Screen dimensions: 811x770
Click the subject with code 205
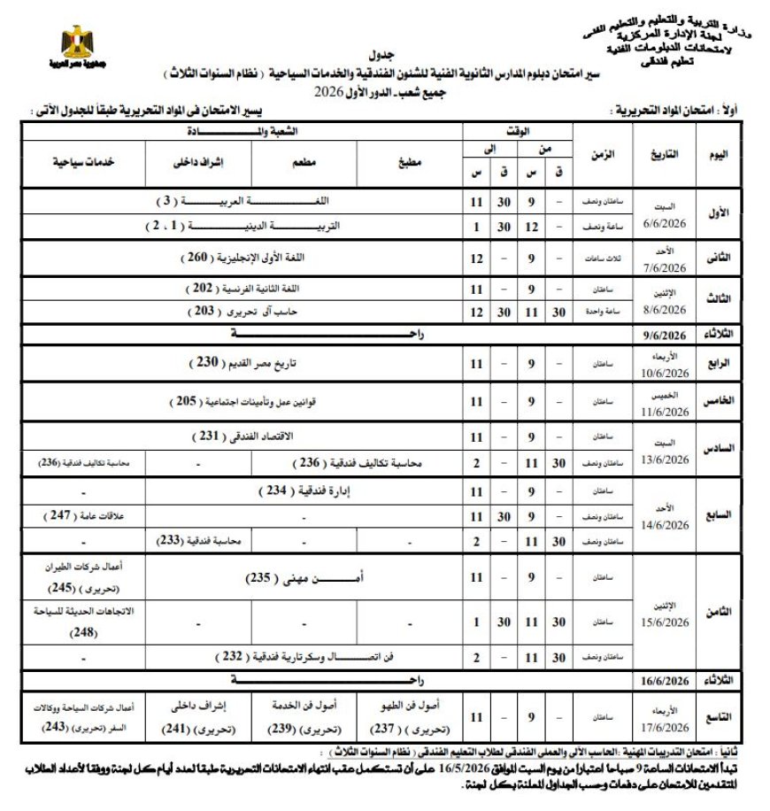(x=242, y=401)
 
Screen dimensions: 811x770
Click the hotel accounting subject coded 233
(x=200, y=540)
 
